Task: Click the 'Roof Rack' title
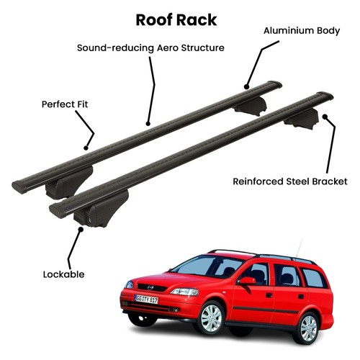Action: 176,20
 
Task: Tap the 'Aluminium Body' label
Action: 302,31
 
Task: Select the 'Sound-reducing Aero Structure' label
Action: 150,48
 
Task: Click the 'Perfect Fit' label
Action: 65,104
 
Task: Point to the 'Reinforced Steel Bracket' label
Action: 290,181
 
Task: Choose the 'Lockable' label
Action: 63,274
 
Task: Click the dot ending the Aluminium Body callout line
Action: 246,86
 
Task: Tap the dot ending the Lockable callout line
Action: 81,230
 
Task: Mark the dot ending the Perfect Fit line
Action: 86,148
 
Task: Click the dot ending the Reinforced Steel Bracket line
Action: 325,117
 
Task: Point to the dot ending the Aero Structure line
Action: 148,124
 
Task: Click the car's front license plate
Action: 146,300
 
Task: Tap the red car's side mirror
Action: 246,281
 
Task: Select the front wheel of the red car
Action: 211,318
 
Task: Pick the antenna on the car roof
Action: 299,248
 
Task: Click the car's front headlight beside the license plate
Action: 185,292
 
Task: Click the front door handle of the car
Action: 269,295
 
